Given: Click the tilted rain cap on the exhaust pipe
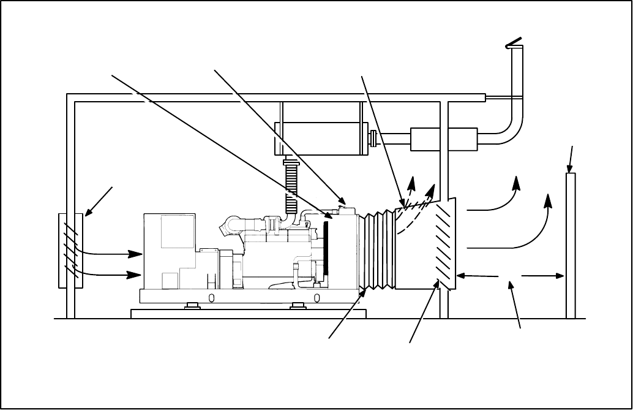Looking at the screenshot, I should (513, 42).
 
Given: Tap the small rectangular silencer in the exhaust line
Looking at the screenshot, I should (443, 139).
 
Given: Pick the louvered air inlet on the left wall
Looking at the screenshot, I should (70, 250).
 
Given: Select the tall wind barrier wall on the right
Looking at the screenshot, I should (571, 245).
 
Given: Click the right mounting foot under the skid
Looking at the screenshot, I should (299, 305).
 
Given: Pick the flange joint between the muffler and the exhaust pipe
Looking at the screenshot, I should (371, 139).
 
